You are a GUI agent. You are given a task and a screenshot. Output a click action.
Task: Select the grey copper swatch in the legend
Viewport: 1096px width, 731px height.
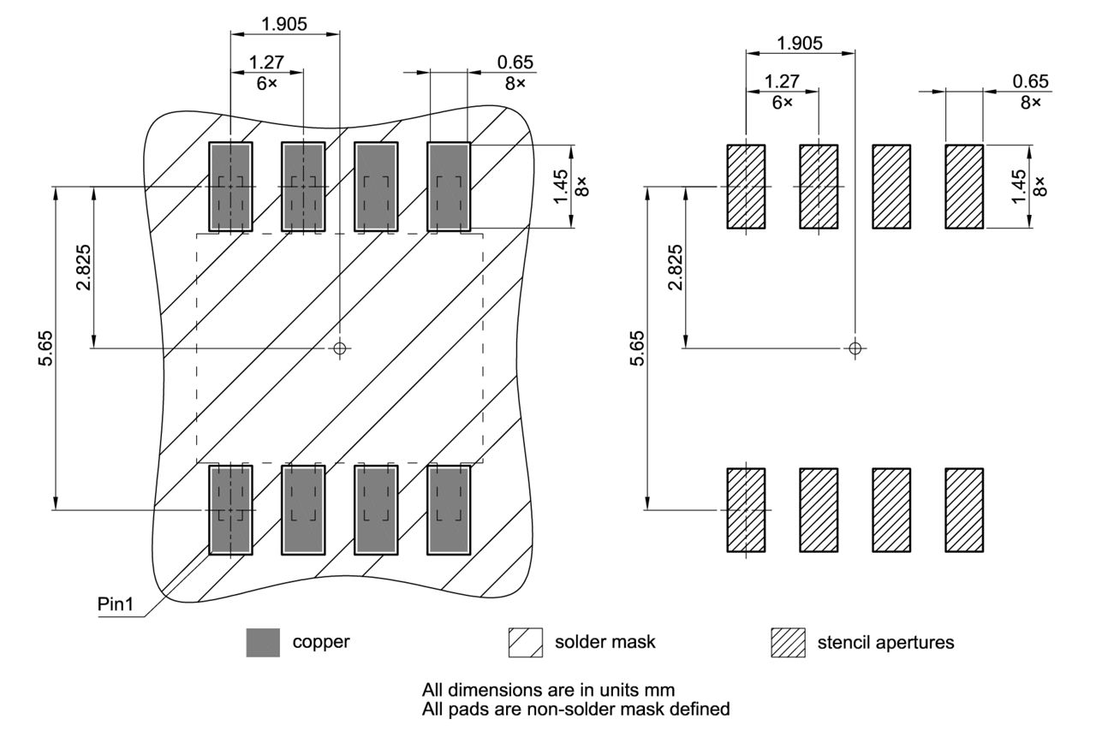pos(263,642)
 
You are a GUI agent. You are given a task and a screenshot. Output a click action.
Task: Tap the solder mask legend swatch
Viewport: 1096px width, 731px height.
pos(526,642)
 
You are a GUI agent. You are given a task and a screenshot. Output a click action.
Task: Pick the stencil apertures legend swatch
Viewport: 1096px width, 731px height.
pos(789,642)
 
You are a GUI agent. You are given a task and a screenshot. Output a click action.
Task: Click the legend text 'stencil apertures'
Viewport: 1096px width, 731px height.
pos(885,642)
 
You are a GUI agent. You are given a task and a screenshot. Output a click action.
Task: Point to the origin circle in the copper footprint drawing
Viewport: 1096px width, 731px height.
pos(340,348)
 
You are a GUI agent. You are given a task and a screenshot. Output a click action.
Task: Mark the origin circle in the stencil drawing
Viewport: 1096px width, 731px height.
pos(854,348)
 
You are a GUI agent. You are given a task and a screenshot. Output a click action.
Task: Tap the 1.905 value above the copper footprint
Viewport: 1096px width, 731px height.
pos(284,24)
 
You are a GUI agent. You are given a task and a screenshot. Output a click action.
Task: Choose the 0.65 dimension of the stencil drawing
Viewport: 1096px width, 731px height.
pos(1030,81)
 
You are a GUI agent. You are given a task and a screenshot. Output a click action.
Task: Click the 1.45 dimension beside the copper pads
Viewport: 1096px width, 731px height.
pos(562,187)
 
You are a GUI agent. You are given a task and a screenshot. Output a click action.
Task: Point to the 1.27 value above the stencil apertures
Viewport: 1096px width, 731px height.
pos(782,81)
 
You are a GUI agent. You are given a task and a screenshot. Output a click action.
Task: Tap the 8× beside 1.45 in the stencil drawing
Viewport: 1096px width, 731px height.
pos(1039,187)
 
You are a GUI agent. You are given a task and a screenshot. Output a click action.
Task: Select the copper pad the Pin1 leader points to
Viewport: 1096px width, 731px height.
pos(230,510)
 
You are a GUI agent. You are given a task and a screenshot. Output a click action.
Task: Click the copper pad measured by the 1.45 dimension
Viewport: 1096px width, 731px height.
pos(449,187)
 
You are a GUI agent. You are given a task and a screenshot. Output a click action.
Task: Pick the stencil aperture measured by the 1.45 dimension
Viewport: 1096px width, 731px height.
pos(964,187)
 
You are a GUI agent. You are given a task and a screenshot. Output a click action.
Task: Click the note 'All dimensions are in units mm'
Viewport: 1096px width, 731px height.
pos(548,689)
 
